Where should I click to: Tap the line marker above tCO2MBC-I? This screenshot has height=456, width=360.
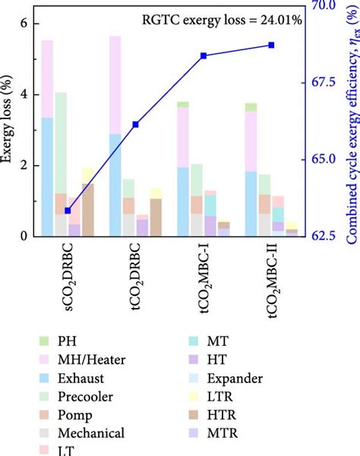(x=204, y=56)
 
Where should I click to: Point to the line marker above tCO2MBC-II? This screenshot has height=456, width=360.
(x=271, y=46)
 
